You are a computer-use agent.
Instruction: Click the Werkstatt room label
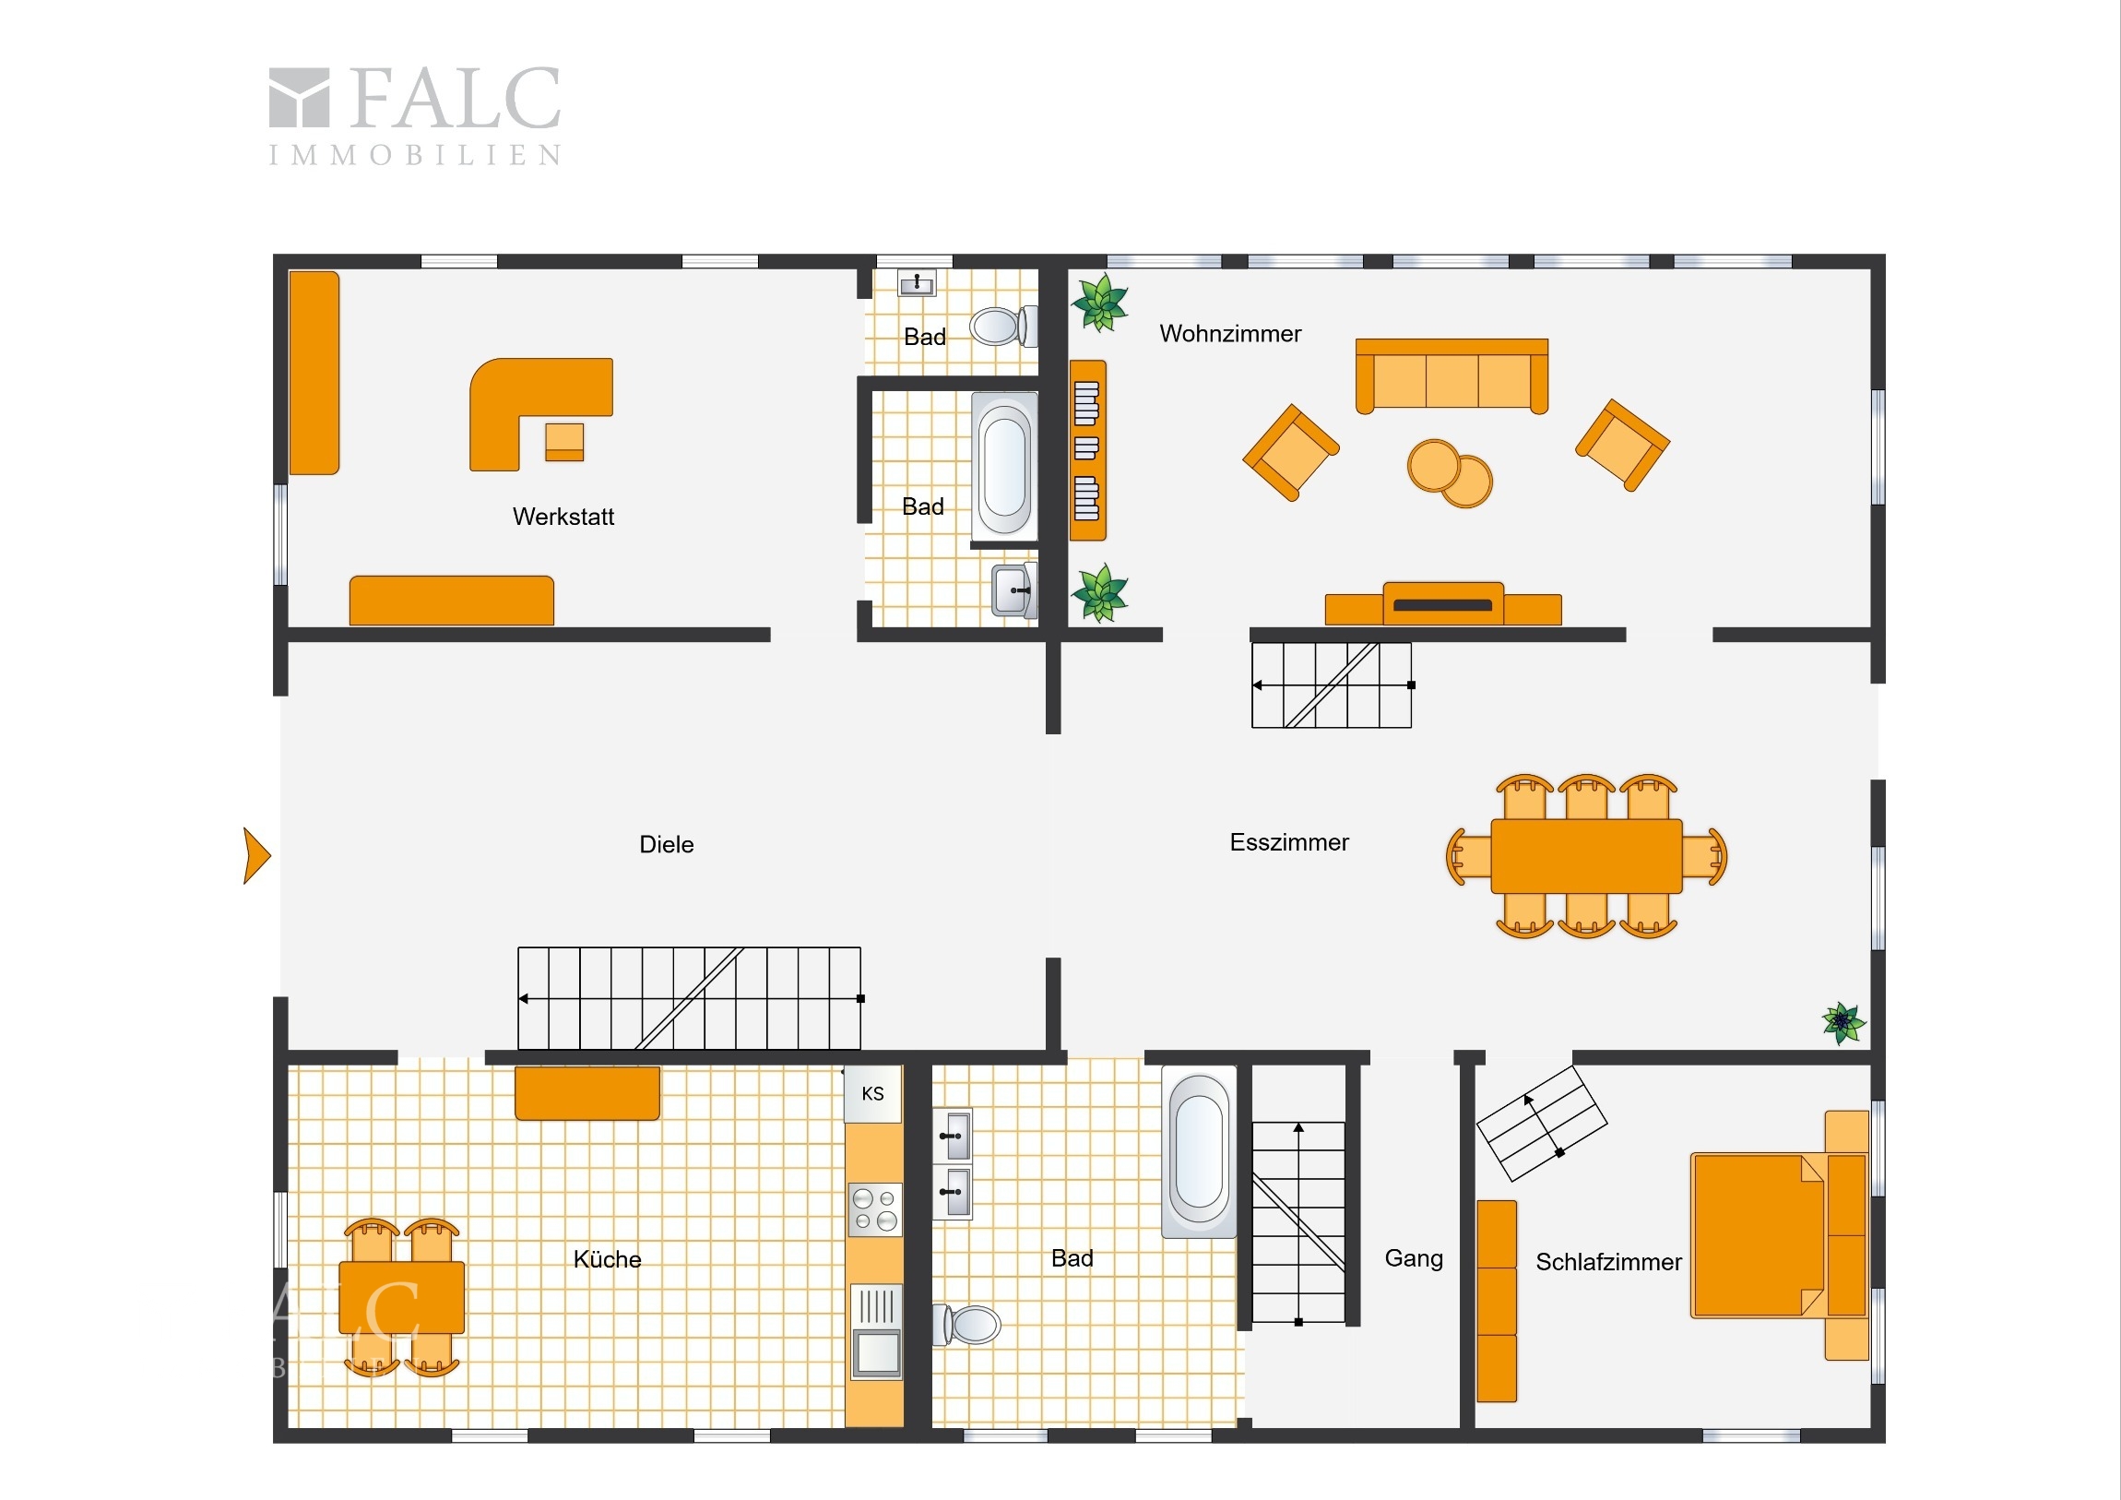coord(563,516)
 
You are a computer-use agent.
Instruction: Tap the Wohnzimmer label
coord(1230,334)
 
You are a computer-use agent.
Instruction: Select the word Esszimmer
coord(1288,842)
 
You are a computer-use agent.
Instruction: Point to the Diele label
coord(666,844)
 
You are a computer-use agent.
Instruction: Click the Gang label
coord(1414,1259)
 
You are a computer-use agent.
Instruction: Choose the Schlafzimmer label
coord(1608,1262)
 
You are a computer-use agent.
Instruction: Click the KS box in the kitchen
coord(873,1094)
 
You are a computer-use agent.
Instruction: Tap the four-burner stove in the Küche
coord(875,1209)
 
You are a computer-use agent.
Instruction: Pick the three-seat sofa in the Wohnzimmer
coord(1452,375)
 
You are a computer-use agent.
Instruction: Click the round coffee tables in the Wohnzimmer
coord(1450,473)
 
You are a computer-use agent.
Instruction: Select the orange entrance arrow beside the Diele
coord(255,856)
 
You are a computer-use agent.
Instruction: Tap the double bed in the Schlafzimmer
coord(1779,1234)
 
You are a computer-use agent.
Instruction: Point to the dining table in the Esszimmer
coord(1586,856)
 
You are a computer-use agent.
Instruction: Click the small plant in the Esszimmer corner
coord(1843,1023)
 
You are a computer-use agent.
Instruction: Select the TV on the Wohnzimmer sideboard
coord(1443,604)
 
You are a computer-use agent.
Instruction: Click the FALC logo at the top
coord(415,115)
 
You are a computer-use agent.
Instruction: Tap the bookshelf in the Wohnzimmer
coord(1087,450)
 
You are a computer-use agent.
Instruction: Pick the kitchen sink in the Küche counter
coord(875,1331)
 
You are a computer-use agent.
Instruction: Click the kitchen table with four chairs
coord(401,1298)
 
